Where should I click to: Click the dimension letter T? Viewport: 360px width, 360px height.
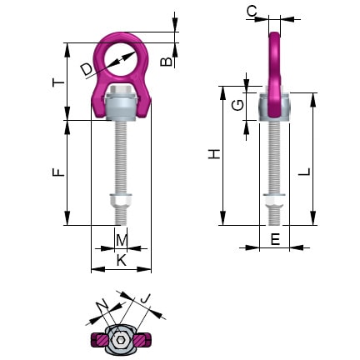[57, 83]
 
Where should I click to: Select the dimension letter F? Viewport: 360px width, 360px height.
[57, 172]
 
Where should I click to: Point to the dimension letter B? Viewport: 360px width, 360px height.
[167, 61]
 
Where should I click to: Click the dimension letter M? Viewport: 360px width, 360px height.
[122, 241]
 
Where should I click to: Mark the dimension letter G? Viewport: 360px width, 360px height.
[238, 105]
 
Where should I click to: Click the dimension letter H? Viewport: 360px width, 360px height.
[214, 154]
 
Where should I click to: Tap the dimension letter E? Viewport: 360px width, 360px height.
[275, 239]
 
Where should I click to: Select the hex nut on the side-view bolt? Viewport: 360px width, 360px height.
[273, 202]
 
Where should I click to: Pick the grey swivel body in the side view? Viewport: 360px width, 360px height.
[273, 107]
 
